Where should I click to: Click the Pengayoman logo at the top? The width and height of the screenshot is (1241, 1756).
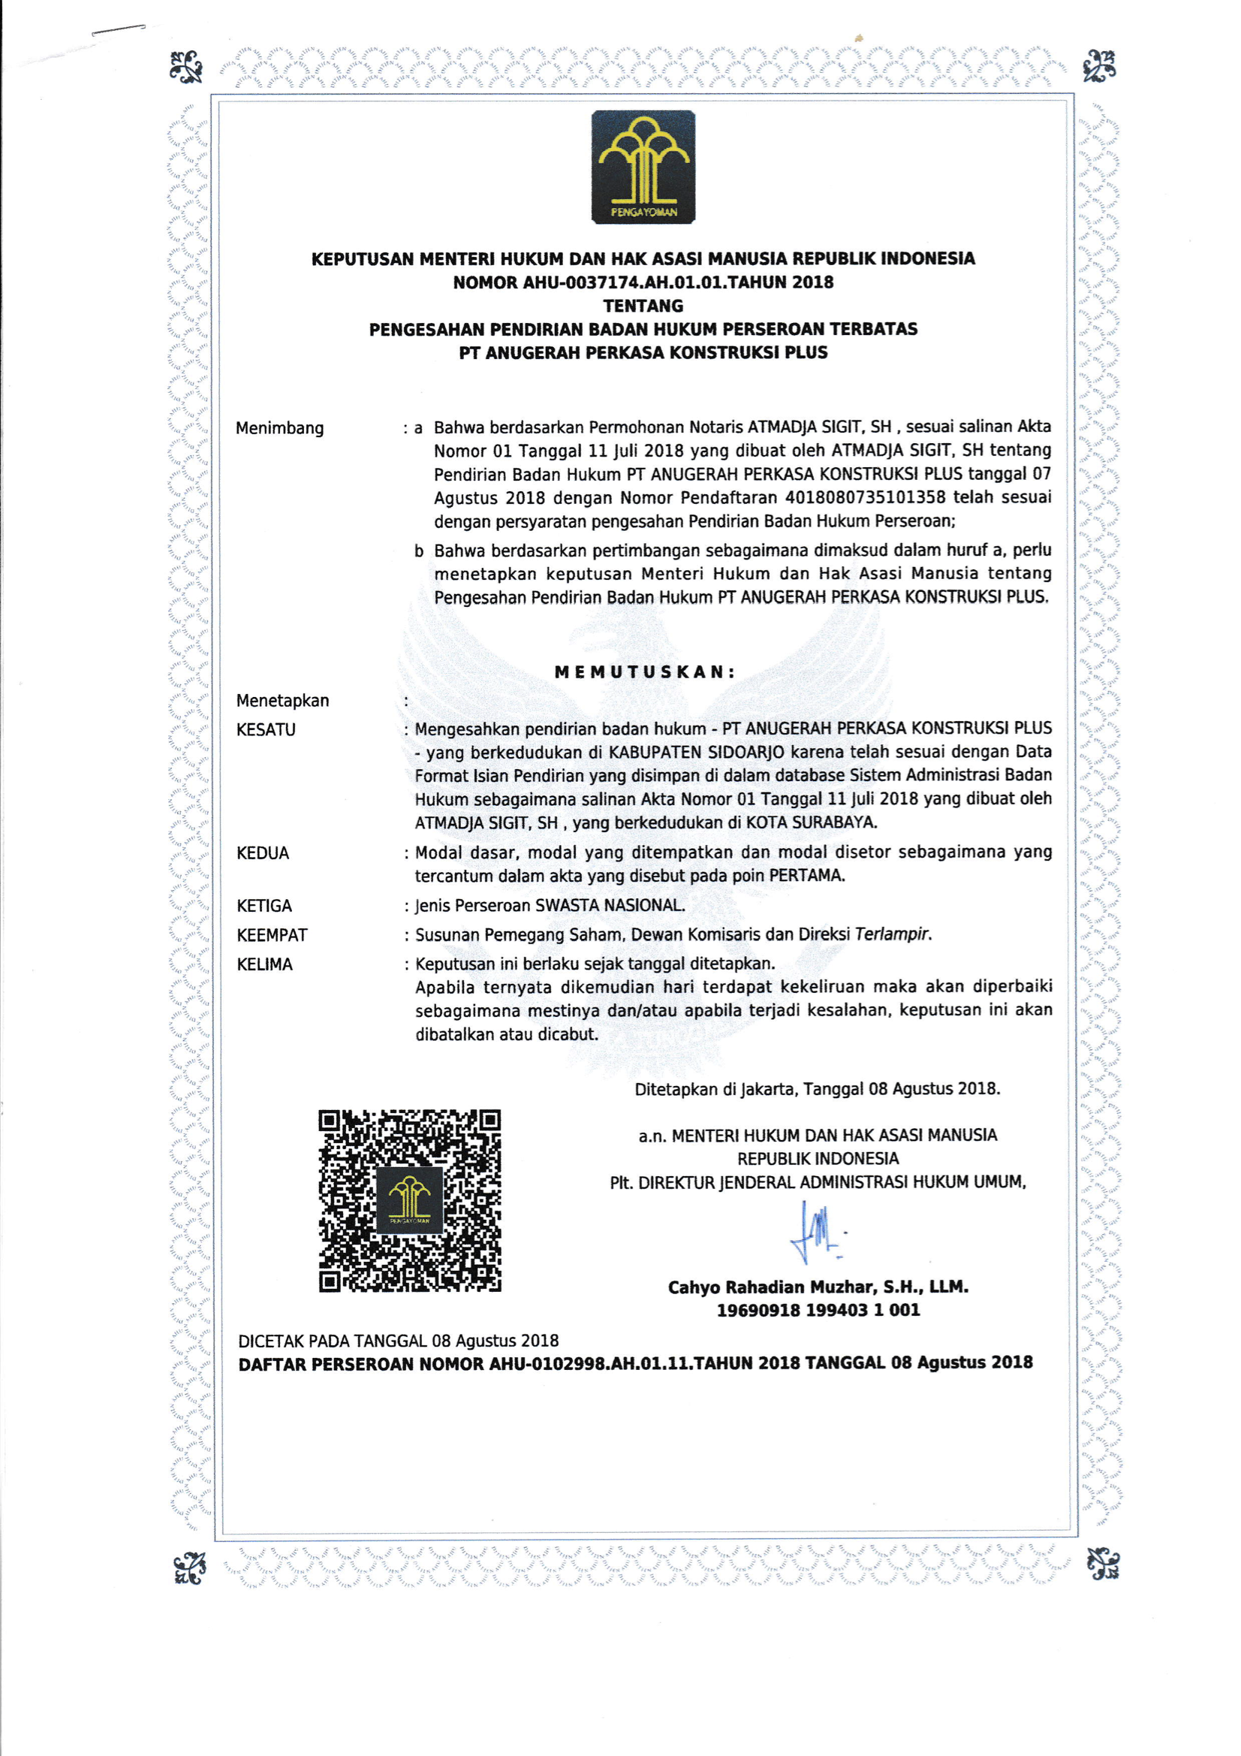[643, 167]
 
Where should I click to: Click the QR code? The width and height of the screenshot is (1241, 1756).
[410, 1200]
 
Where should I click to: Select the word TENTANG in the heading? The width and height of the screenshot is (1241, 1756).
[643, 306]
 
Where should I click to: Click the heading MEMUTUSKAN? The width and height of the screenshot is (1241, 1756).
[645, 672]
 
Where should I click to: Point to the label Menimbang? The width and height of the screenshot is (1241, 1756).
[280, 428]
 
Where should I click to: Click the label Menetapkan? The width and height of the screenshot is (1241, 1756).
[282, 701]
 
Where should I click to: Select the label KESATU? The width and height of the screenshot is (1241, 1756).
[266, 729]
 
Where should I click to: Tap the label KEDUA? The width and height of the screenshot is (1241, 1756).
[263, 853]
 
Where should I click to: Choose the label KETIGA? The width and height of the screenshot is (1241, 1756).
[264, 907]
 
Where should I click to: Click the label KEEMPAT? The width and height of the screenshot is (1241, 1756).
[273, 935]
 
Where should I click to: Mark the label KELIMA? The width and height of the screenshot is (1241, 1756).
[264, 964]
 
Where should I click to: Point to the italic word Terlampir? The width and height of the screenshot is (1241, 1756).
[893, 934]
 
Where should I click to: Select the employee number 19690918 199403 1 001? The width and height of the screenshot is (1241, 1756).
[818, 1310]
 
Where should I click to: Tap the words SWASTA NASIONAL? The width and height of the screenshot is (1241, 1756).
[610, 906]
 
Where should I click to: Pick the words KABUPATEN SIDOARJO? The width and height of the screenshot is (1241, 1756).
[696, 752]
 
